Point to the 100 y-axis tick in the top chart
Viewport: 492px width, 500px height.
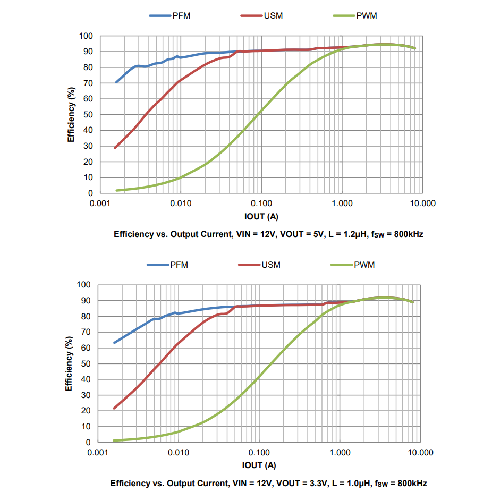86,36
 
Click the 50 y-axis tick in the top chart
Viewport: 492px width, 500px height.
88,115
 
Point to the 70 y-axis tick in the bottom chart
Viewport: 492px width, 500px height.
86,332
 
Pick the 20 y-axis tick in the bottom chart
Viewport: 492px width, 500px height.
86,411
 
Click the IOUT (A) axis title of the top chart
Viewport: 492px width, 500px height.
261,216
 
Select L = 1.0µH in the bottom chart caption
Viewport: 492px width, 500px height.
350,484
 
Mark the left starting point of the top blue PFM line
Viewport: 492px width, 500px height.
116,82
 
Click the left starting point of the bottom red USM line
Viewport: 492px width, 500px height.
114,408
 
